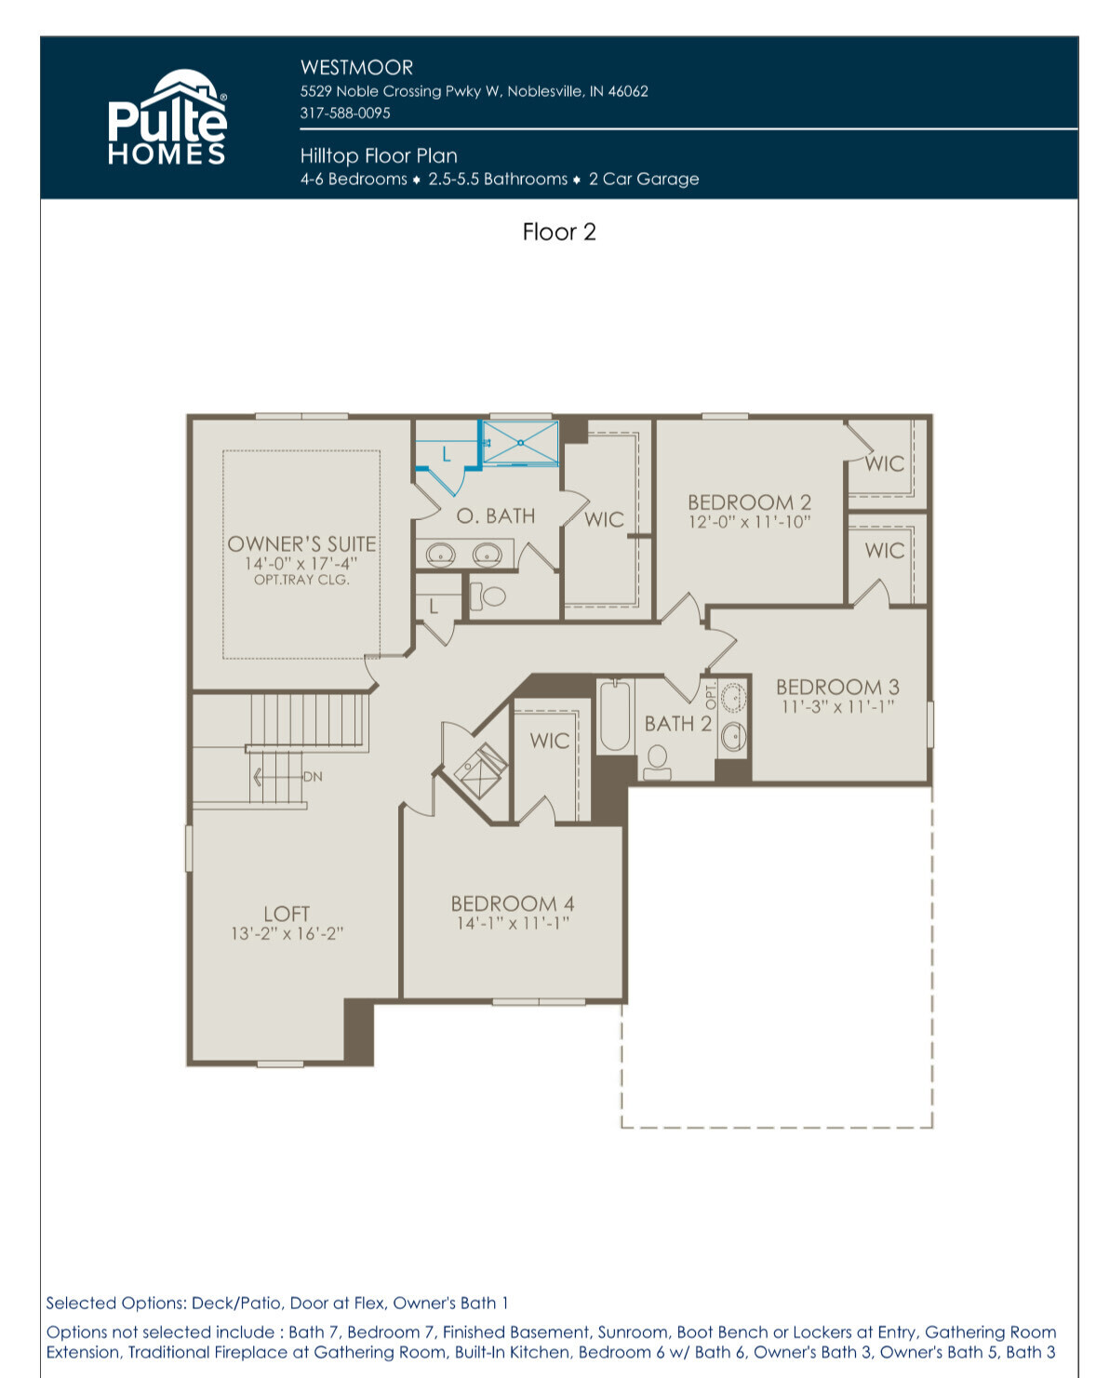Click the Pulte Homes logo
[167, 116]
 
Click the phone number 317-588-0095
[345, 114]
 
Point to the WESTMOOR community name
[356, 67]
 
